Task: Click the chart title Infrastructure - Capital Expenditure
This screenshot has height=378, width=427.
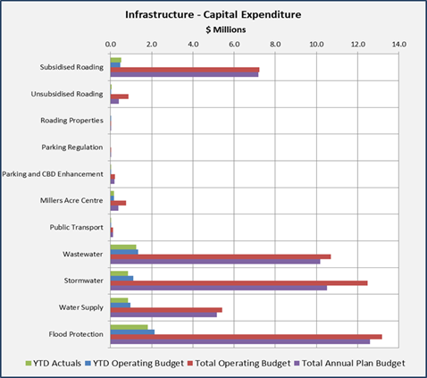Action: pos(213,14)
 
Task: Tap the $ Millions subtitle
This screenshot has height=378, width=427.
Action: pos(226,29)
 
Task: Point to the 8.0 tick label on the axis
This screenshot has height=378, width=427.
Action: pos(275,45)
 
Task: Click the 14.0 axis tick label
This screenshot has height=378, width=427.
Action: pos(398,45)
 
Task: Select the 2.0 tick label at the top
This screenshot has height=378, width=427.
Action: pos(152,45)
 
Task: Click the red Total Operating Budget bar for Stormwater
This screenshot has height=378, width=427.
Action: pos(239,283)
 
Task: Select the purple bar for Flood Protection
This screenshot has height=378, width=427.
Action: pos(240,341)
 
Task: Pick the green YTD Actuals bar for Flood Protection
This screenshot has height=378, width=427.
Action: pos(129,327)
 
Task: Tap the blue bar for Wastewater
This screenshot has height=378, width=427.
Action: pos(124,252)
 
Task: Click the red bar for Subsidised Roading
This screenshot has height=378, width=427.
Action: pos(185,70)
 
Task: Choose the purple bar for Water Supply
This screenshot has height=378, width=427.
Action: pos(163,315)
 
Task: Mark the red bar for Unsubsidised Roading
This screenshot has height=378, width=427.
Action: pos(120,97)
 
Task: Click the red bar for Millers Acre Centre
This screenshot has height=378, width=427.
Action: pos(118,203)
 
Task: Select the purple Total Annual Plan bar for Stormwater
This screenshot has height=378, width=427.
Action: pos(219,288)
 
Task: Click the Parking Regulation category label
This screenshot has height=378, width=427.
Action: pos(72,147)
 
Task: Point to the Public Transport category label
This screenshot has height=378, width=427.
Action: pos(76,228)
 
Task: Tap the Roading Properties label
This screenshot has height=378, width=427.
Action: pos(71,121)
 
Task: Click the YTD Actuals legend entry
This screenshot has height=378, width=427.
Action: pos(54,364)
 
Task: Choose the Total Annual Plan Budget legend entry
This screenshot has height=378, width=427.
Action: pos(349,364)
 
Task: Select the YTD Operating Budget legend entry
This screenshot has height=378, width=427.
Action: pos(134,364)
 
